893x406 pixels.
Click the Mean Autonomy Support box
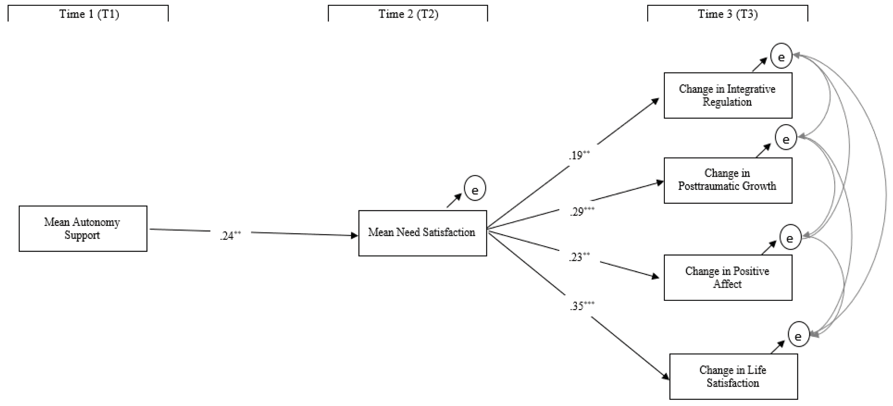point(83,229)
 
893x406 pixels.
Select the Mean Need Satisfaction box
point(422,233)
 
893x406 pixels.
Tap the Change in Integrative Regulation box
point(728,95)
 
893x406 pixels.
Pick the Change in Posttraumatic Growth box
point(728,180)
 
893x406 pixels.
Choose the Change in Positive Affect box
point(728,277)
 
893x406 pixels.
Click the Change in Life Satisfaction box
point(733,376)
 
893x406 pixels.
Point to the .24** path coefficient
point(230,236)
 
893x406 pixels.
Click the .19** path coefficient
point(579,155)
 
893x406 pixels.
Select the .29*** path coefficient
point(582,211)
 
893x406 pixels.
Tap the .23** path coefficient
point(579,257)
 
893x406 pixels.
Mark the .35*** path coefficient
point(582,306)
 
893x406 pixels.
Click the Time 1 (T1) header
point(89,14)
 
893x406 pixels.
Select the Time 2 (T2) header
point(408,14)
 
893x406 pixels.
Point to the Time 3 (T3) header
point(728,14)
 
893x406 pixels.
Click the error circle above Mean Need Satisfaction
point(475,188)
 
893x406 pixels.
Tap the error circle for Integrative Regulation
point(781,56)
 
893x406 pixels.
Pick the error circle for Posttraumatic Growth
point(786,137)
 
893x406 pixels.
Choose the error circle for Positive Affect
point(790,237)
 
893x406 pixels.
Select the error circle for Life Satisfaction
point(798,335)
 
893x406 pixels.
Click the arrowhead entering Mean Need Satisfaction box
point(354,236)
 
